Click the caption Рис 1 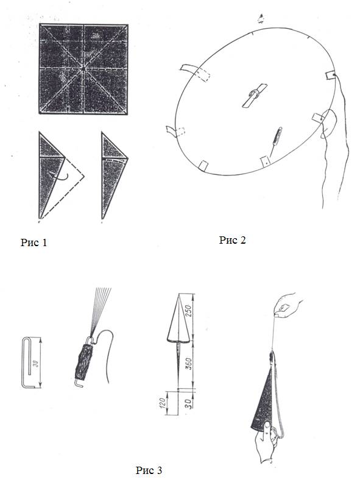point(34,242)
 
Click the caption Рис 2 point(232,240)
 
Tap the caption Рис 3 point(149,470)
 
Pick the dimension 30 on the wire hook point(35,363)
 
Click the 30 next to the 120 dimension point(189,404)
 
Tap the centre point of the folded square point(83,68)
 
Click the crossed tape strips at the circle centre point(255,96)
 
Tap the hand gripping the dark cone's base point(266,442)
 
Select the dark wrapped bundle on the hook point(83,362)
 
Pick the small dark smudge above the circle point(261,19)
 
